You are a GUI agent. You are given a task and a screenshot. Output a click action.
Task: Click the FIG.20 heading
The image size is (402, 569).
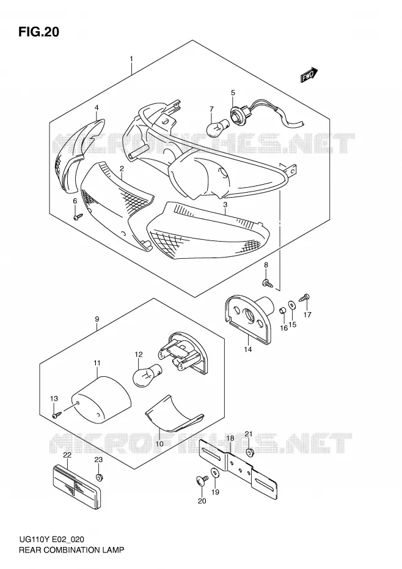point(38,32)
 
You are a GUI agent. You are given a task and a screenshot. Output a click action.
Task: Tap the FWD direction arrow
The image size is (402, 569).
point(309,75)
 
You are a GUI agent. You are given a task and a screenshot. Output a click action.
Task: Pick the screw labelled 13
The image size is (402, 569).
point(57,414)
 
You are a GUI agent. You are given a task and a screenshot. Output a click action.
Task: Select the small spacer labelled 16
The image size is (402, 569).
point(283,311)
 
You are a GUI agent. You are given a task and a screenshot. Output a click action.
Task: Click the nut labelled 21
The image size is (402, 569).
point(249,452)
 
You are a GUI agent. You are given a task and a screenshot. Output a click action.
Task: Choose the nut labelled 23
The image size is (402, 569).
point(98,477)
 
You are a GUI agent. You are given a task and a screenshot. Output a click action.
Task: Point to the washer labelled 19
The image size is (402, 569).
point(215,473)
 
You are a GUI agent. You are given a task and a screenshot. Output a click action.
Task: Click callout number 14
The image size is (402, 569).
point(248,349)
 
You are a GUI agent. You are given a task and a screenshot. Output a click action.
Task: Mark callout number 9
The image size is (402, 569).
point(97,319)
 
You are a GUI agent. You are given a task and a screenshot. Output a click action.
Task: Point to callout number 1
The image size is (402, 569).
point(131,59)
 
